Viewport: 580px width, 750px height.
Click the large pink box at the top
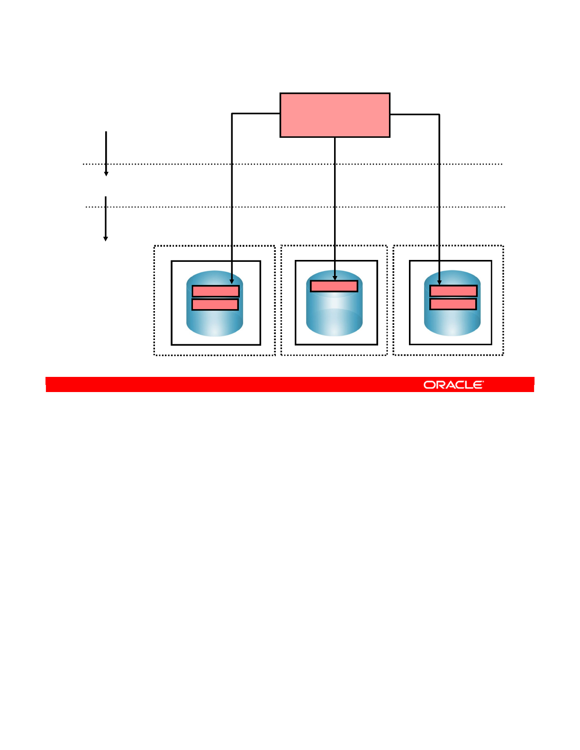click(x=335, y=115)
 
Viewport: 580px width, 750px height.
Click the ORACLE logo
click(x=453, y=385)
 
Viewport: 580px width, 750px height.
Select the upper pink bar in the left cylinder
click(x=215, y=291)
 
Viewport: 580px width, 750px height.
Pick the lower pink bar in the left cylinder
click(x=215, y=304)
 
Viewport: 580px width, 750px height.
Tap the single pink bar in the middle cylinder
click(x=334, y=286)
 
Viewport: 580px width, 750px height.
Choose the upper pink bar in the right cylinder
click(x=453, y=291)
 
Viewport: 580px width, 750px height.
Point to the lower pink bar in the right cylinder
click(x=453, y=304)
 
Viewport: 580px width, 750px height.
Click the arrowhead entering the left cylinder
click(x=232, y=281)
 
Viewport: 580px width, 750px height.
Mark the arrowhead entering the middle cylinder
click(x=335, y=278)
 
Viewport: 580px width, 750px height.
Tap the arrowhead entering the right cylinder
click(x=439, y=282)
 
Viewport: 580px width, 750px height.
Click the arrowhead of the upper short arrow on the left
click(x=106, y=174)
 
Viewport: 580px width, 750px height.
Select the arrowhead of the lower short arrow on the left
click(x=106, y=239)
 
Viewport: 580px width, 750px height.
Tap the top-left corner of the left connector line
click(x=232, y=114)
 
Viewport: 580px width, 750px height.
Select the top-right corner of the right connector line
click(x=439, y=115)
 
